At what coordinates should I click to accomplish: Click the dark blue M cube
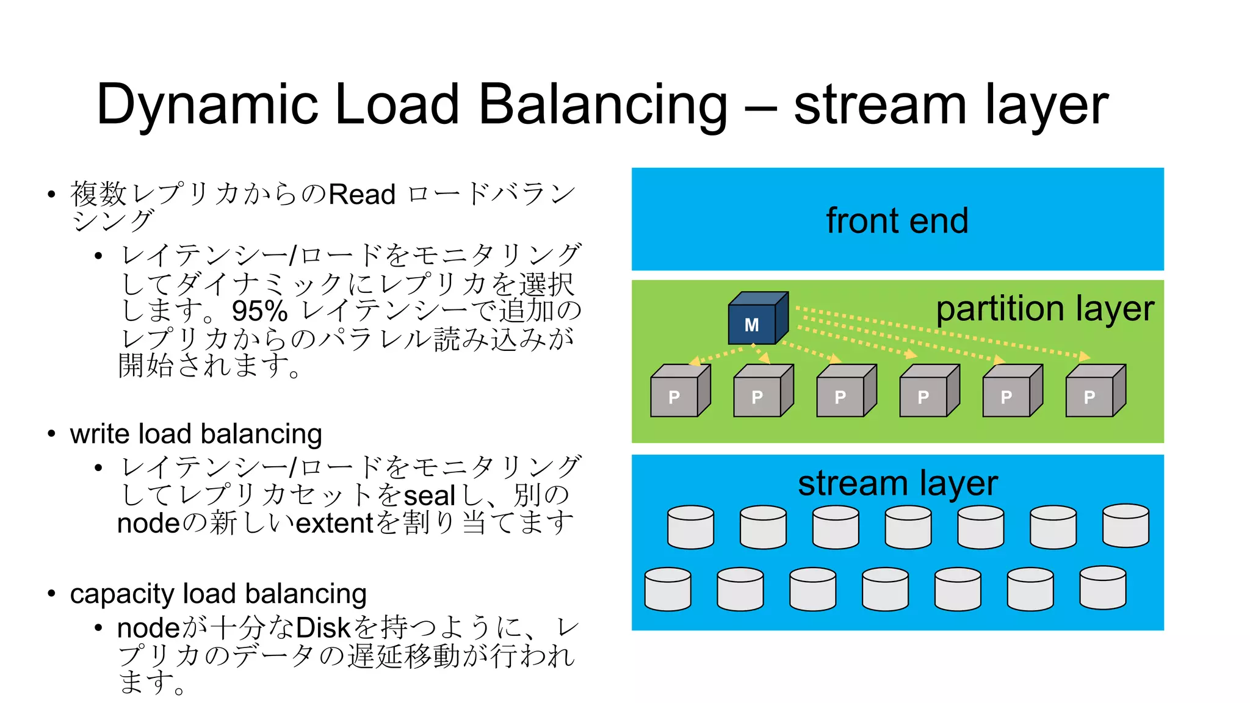coord(756,320)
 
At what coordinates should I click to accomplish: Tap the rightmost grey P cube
coord(1094,392)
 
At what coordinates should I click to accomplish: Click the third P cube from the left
coord(845,392)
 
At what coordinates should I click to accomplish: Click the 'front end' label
coord(897,220)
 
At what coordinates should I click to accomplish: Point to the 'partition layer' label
coord(1044,309)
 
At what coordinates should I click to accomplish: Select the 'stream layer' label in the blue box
coord(897,483)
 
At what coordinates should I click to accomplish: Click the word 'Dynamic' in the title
coord(208,104)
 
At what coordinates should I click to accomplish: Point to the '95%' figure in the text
coord(259,312)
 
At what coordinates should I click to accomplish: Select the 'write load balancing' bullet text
coord(196,434)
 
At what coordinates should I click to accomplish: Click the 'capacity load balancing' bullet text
coord(218,594)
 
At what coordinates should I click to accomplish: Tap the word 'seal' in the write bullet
coord(429,496)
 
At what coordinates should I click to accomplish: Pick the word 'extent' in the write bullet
coord(334,524)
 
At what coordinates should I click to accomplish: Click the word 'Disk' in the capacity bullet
coord(323,628)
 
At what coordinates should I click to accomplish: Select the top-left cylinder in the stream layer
coord(690,527)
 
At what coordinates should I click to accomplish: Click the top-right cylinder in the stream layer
coord(1125,525)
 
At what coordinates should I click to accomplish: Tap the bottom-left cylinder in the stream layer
coord(668,589)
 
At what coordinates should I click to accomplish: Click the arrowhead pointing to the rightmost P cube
coord(1084,356)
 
